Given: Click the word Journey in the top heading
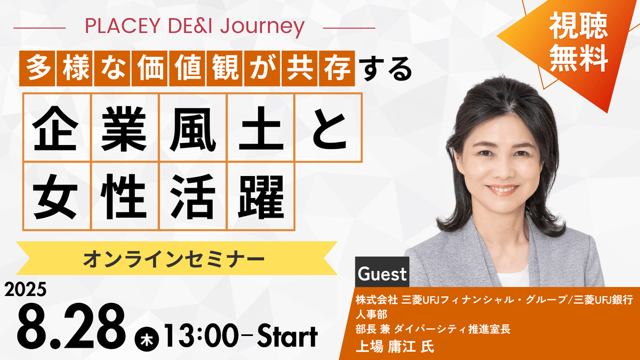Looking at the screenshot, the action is (x=262, y=28).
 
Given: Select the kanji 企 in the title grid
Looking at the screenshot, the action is (x=55, y=129).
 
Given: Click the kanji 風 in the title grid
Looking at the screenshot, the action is (x=193, y=129).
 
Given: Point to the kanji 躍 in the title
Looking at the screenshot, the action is (x=261, y=197).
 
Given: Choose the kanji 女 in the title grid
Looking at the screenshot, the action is (x=55, y=197).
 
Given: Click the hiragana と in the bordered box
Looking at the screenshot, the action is (x=329, y=129).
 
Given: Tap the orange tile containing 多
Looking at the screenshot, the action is (x=37, y=68).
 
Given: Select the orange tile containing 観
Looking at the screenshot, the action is (x=225, y=68).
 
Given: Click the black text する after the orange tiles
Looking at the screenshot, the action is (x=386, y=69).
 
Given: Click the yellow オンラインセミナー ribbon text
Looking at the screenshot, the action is (x=174, y=259).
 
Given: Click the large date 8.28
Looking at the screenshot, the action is (x=71, y=326).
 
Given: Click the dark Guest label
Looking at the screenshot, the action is (x=382, y=272).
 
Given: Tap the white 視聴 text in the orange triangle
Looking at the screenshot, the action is (x=578, y=26).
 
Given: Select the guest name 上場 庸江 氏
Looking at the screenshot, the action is (x=395, y=347).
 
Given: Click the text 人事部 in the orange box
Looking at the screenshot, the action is (x=371, y=315).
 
